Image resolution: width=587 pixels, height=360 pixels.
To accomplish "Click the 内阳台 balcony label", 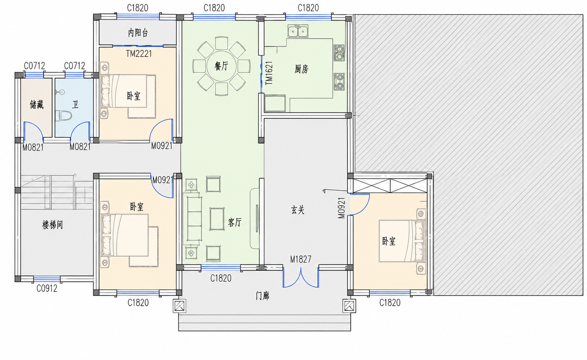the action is coord(138,33).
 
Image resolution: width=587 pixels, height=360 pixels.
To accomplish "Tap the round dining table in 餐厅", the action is coord(221,66).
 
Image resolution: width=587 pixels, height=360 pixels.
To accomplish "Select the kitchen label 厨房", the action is coord(301,69).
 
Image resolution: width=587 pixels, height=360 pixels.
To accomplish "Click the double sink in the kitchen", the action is coord(298,31).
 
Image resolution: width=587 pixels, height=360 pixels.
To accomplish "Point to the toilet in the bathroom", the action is coord(63,115).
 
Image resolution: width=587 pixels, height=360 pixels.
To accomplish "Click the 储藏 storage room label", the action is coord(36,104).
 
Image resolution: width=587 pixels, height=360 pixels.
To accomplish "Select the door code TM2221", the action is coord(139,54).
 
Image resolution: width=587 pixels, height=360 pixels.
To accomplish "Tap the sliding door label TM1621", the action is coord(269,73).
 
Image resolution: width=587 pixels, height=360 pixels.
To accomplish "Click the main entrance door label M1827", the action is coord(300,259).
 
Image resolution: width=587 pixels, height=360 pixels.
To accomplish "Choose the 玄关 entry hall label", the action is coord(298,210).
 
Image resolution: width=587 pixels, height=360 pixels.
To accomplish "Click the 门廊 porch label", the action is coord(263,296).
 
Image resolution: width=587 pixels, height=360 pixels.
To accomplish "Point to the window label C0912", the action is coord(47,289).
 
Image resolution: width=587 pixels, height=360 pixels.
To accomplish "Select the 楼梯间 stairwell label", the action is coord(52,225).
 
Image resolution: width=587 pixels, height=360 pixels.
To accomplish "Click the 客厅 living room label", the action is coord(235,223).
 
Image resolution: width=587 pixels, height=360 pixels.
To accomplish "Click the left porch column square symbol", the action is coord(180,306).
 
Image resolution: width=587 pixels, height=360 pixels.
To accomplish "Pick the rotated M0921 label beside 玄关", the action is coord(341,208).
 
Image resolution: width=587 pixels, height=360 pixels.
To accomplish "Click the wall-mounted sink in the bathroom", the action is coord(60,92).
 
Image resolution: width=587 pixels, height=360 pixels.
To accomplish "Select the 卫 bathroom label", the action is coord(75,104).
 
